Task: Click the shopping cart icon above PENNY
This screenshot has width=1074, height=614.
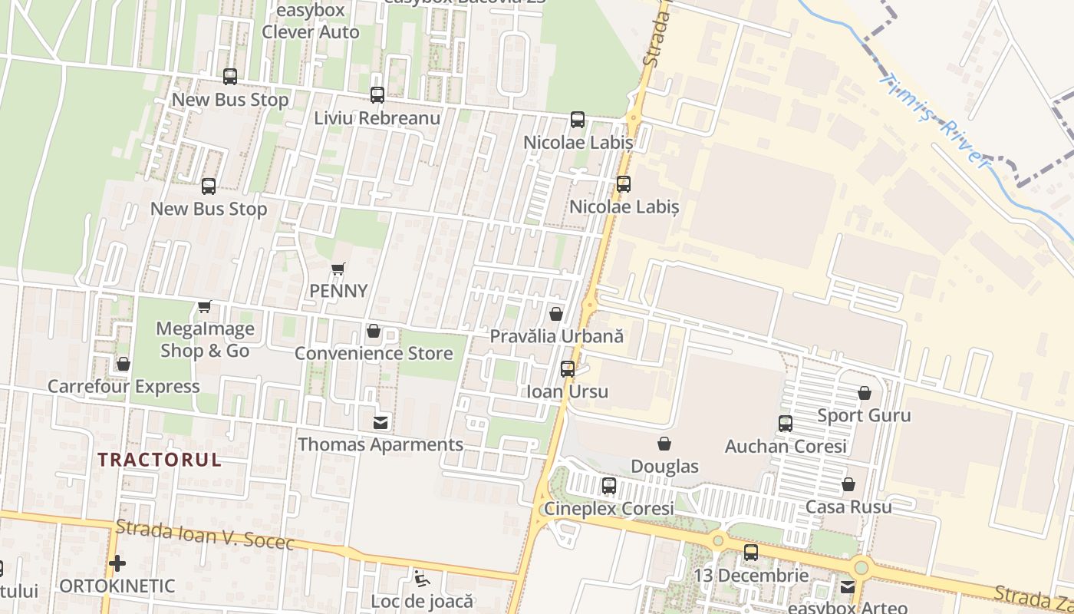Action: tap(338, 269)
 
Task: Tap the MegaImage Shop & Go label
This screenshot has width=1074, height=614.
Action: tap(204, 339)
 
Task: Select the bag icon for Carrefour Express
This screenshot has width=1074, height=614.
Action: tap(123, 364)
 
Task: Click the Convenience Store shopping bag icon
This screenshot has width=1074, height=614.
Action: tap(374, 331)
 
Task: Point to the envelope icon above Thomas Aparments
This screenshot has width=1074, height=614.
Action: tap(380, 422)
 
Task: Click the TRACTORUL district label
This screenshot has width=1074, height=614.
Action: tap(160, 460)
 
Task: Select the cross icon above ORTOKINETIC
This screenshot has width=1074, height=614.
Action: tap(117, 563)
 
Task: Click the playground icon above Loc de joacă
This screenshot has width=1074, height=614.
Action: tap(421, 577)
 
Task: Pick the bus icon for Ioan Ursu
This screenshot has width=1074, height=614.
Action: tap(568, 369)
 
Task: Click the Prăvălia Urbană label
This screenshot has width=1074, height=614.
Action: tap(556, 336)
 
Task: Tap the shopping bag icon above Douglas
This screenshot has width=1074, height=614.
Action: tap(664, 444)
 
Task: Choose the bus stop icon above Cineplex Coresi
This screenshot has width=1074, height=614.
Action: tap(608, 486)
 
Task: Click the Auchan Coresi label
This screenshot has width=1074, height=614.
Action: tap(786, 446)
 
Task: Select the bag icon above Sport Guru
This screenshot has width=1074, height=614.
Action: tap(865, 393)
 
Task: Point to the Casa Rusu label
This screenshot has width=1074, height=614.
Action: tap(848, 507)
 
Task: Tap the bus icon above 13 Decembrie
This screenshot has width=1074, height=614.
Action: tap(751, 553)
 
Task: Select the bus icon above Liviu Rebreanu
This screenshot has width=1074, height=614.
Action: tap(377, 95)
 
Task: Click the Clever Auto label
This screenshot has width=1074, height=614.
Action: tap(310, 32)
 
